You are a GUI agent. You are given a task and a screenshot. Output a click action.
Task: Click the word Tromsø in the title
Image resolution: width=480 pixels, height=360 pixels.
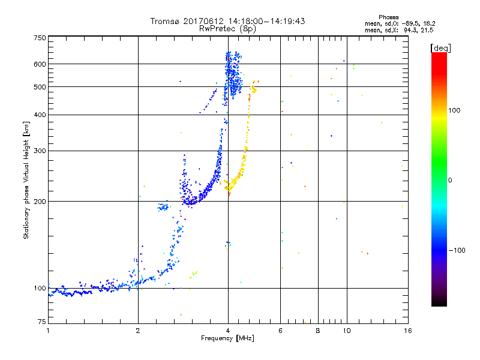pyautogui.click(x=165, y=21)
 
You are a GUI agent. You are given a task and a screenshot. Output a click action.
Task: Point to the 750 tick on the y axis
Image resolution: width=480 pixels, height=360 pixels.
pyautogui.click(x=40, y=38)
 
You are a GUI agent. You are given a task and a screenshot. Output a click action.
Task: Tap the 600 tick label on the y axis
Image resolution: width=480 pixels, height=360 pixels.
pyautogui.click(x=40, y=64)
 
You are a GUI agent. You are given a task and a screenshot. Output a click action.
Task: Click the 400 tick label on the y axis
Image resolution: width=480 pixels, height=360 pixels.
pyautogui.click(x=40, y=115)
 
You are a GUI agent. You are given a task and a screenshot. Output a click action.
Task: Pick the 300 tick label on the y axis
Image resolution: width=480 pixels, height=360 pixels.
pyautogui.click(x=40, y=151)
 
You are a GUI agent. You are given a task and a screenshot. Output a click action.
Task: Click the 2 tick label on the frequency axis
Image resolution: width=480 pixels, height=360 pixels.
pyautogui.click(x=138, y=331)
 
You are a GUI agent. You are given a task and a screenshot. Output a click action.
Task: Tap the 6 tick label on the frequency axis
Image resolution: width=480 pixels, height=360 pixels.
pyautogui.click(x=280, y=331)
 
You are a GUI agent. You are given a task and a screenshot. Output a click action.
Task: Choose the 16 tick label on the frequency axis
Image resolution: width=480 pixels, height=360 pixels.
pyautogui.click(x=407, y=331)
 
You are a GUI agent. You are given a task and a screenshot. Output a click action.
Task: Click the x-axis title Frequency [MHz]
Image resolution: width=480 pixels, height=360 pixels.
pyautogui.click(x=228, y=338)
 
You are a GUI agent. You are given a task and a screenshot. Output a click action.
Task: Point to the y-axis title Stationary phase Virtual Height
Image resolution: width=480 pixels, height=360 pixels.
pyautogui.click(x=26, y=180)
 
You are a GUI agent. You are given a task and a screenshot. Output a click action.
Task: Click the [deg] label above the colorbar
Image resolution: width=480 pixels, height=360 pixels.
pyautogui.click(x=440, y=47)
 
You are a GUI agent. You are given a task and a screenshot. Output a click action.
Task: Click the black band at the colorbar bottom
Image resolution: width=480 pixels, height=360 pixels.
pyautogui.click(x=439, y=303)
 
